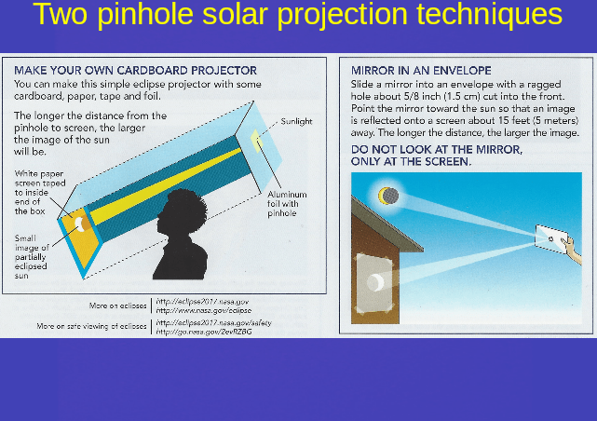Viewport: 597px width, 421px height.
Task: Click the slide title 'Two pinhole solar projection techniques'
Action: (297, 16)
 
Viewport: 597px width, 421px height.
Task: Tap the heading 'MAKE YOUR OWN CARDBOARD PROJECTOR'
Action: (136, 70)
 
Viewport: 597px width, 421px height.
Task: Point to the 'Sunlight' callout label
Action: (297, 121)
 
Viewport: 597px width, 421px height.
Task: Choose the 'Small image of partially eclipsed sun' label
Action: (32, 257)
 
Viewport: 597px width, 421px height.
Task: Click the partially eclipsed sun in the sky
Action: (387, 196)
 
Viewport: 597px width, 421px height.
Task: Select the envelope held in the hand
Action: (555, 241)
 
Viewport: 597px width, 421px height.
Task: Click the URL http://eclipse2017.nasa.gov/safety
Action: (213, 321)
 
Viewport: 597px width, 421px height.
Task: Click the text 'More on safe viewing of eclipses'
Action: (91, 326)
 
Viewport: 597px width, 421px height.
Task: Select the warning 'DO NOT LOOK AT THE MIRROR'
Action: (436, 149)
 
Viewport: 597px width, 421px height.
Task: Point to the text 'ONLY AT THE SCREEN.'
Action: (411, 161)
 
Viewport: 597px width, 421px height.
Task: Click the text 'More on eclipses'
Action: (117, 305)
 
